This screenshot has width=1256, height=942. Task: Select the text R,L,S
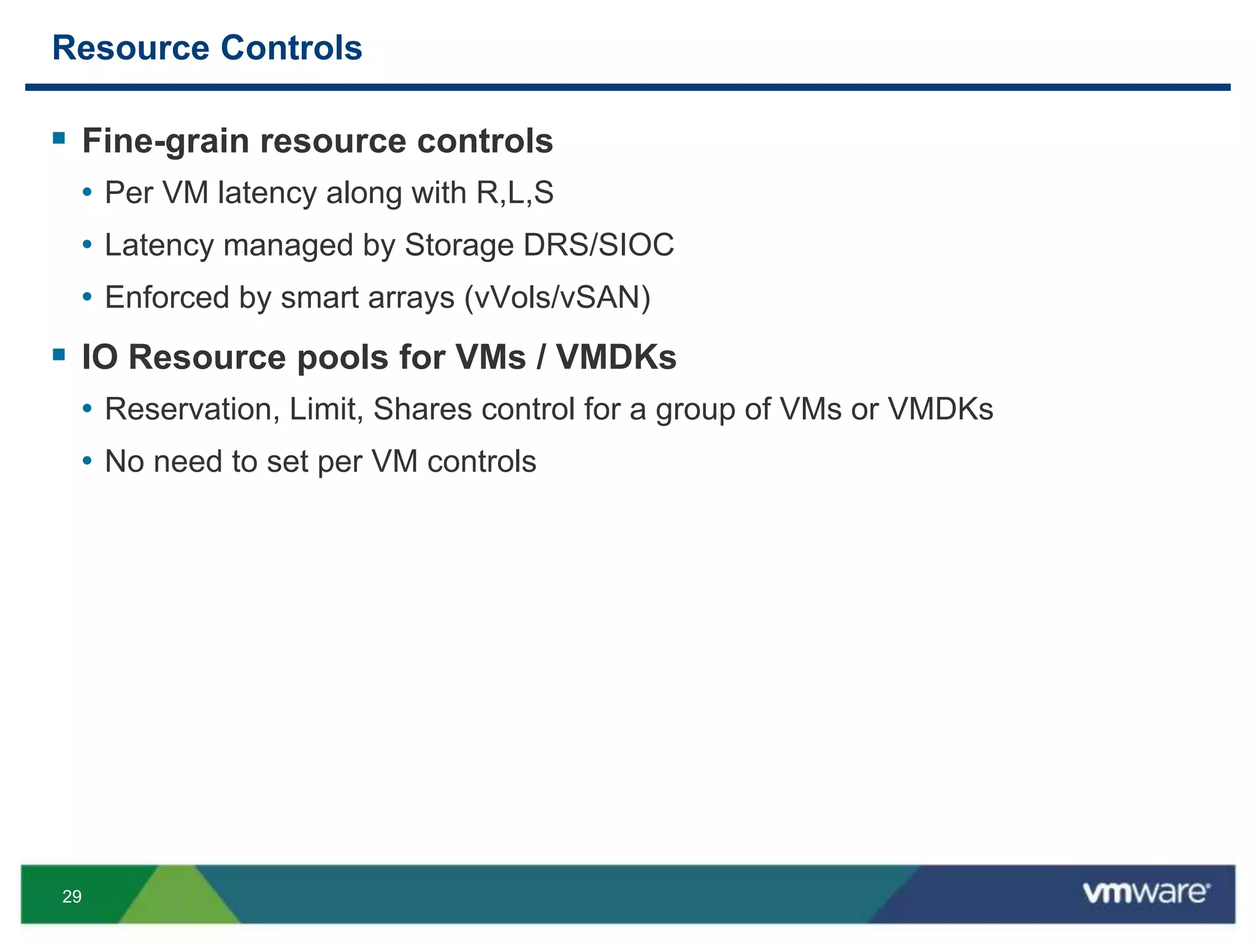(x=515, y=193)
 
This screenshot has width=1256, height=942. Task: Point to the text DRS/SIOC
(x=599, y=245)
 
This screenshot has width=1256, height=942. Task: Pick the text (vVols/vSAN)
(x=557, y=298)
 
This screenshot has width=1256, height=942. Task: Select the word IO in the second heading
(x=99, y=358)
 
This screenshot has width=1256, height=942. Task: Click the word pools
(x=342, y=358)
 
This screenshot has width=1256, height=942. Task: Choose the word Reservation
(x=192, y=410)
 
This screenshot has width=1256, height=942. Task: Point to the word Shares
(x=422, y=410)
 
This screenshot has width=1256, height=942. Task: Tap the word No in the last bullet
(x=124, y=462)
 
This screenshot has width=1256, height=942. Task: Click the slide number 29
(x=72, y=897)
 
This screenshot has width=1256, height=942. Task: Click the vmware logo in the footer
(x=1146, y=893)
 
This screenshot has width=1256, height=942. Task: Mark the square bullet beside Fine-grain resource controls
(x=59, y=138)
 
